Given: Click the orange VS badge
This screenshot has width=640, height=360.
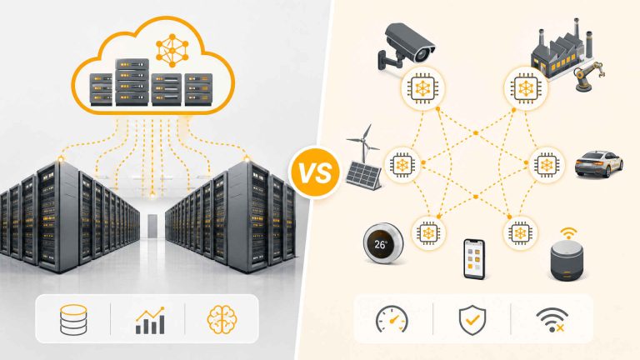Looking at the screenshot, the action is click(x=315, y=172).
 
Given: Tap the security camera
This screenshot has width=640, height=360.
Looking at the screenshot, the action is click(x=406, y=46).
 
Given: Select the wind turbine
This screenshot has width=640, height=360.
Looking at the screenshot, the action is click(x=363, y=142).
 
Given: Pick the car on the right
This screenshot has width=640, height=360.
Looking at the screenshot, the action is click(x=599, y=164).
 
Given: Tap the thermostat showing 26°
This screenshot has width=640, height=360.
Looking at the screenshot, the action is click(x=382, y=243).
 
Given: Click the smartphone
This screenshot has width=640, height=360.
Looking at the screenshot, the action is click(x=474, y=259).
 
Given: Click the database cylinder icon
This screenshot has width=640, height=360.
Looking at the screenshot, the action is click(x=73, y=320).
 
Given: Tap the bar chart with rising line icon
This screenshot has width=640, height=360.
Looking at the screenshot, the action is click(x=150, y=320).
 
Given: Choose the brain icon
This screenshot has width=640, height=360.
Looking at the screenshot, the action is click(x=222, y=320).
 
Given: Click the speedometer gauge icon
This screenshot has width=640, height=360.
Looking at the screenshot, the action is click(x=392, y=320).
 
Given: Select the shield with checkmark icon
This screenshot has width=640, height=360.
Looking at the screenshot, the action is click(x=472, y=320).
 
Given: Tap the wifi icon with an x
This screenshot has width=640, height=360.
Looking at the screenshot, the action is click(x=552, y=320).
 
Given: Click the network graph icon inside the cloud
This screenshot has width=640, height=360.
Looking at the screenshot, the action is click(x=172, y=50).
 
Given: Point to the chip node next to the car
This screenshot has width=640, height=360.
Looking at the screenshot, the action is click(x=547, y=164).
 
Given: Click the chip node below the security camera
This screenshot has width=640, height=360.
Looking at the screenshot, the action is click(x=422, y=88).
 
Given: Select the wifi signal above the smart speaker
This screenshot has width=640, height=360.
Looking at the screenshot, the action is click(x=568, y=233).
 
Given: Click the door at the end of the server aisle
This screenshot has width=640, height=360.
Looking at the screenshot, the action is click(x=152, y=226).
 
